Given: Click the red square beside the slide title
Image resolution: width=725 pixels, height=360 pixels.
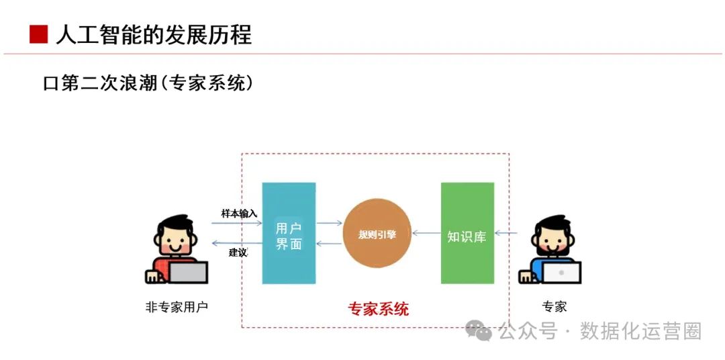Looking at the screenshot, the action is point(38,34).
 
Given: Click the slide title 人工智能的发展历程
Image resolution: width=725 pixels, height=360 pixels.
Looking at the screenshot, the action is point(154,34).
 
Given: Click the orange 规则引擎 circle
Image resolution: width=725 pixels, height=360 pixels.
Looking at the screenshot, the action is point(377,234).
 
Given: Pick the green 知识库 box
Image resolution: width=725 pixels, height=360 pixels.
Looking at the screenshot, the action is point(467,233).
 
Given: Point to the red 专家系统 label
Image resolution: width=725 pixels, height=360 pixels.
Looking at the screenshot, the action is point(378,309).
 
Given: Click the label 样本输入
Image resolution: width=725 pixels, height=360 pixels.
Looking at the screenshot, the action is point(239,214).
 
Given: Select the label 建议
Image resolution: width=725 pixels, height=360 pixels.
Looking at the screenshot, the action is point(238,253).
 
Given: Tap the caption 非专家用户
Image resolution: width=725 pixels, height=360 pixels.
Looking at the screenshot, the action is point(177,307).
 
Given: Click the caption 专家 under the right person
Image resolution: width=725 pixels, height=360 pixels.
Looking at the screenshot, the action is point(554,307).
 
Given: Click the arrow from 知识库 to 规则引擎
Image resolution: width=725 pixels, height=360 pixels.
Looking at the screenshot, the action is point(426,234).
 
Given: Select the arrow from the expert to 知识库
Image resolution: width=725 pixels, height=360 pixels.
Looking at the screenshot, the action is point(506,234).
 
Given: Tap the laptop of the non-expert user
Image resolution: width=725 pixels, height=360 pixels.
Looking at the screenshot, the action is point(187,272).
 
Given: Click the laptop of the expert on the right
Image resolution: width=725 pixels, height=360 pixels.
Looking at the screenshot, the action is point(561,272).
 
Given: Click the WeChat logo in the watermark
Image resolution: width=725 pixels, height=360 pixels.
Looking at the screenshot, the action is point(479,330).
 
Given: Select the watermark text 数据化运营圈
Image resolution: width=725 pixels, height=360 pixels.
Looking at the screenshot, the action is point(641,331).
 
